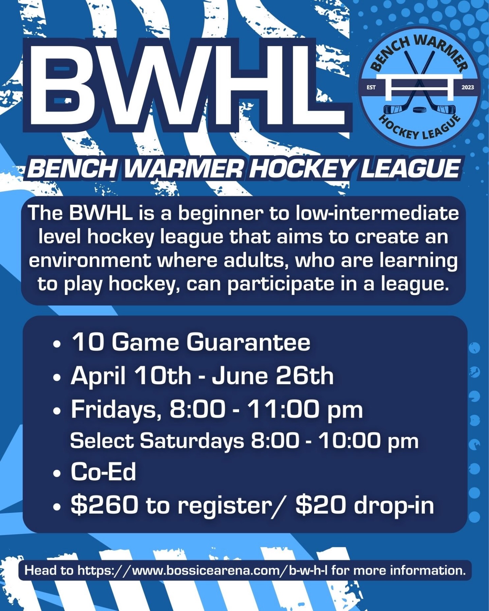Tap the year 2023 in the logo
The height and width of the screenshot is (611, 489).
coord(468,88)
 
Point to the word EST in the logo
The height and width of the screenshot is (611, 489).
coord(371,88)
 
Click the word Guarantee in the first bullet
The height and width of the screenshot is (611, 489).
coord(248,342)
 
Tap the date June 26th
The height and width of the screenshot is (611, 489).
coord(273,376)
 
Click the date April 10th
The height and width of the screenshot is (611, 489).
coord(131,376)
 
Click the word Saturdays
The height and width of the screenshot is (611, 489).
coord(192,441)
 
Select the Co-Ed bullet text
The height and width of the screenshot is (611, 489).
coord(104,472)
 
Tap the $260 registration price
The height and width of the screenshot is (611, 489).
coord(105,505)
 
